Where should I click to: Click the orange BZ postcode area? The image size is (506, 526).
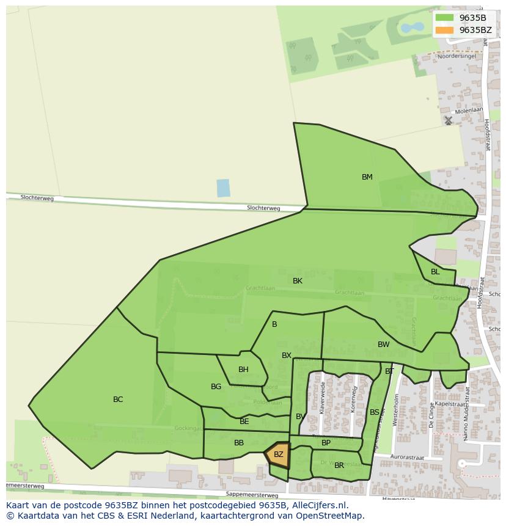(278, 455)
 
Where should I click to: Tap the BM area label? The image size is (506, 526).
(367, 177)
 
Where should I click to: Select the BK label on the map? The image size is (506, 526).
(298, 281)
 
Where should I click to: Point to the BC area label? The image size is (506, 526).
(118, 400)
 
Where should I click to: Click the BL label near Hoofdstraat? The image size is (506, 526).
(435, 272)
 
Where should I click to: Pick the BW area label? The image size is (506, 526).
(383, 345)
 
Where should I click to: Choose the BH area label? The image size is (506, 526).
(243, 370)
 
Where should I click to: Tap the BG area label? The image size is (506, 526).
(216, 387)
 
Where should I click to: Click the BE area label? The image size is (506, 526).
(244, 422)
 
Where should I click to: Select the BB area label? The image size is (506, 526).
(239, 443)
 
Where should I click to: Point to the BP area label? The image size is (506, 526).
(326, 443)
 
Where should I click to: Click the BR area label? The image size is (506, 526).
(339, 466)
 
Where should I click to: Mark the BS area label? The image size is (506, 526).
(374, 412)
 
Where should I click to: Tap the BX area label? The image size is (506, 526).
(287, 356)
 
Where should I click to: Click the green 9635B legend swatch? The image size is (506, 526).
(444, 18)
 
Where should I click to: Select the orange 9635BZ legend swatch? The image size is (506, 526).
(444, 30)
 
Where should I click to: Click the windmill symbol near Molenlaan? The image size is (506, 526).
(449, 121)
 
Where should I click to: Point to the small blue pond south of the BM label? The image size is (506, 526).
(223, 188)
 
